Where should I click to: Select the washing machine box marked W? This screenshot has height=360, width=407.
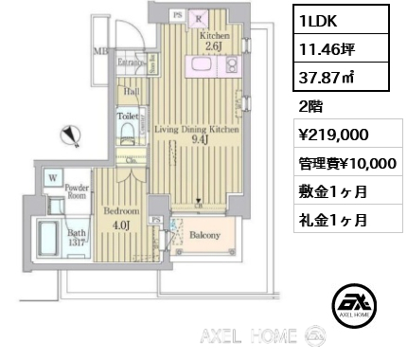(x=54, y=176)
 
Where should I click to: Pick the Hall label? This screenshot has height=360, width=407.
(x=130, y=91)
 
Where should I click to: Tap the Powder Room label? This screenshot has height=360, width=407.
(x=78, y=192)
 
